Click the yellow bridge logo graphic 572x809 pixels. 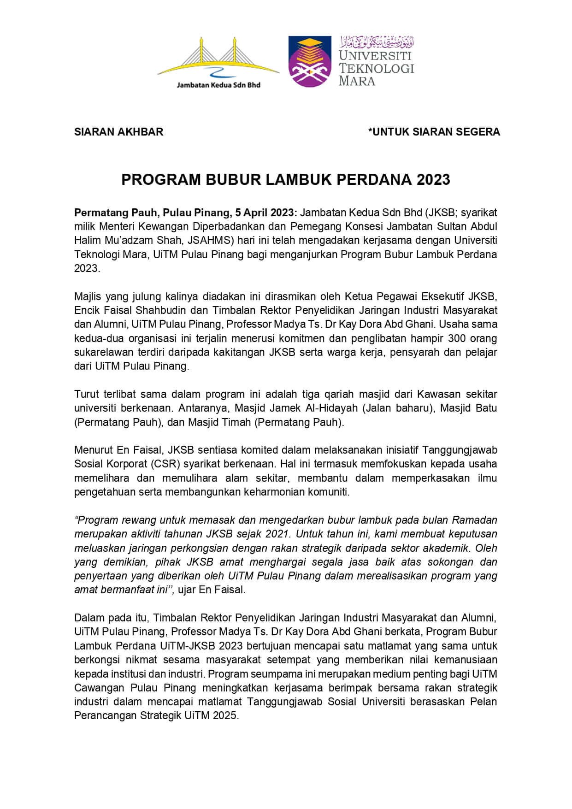point(218,60)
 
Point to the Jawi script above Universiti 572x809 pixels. point(377,42)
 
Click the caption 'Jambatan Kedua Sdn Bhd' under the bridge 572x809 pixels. point(219,85)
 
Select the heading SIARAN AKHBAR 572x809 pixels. point(119,132)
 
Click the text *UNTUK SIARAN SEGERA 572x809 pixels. point(434,132)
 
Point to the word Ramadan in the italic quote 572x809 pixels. point(474,520)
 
